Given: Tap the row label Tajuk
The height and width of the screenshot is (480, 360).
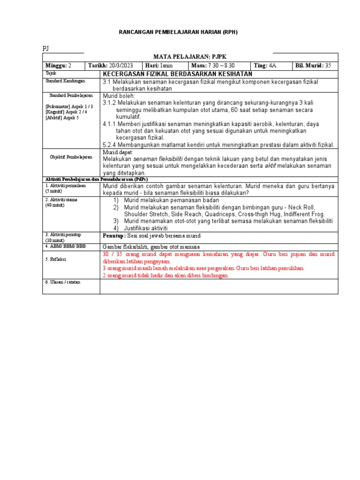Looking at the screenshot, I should pyautogui.click(x=50, y=74).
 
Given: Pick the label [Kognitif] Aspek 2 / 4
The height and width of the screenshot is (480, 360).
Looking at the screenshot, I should pyautogui.click(x=66, y=112).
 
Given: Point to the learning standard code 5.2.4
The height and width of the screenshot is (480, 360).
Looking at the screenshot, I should pyautogui.click(x=110, y=145).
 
